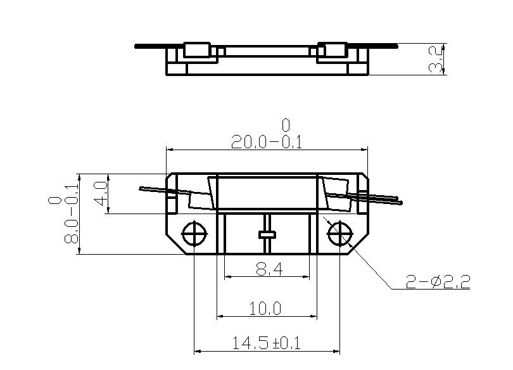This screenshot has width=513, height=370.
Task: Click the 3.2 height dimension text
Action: [x=436, y=59]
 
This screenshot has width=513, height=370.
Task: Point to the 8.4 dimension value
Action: [x=269, y=271]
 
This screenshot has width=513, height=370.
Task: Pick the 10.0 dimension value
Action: [x=265, y=309]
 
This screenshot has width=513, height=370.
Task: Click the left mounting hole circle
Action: [x=193, y=234]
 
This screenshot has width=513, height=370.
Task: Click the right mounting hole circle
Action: [x=340, y=234]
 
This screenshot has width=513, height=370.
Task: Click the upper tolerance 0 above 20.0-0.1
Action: [x=286, y=124]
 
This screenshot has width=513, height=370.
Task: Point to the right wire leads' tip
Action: [x=400, y=202]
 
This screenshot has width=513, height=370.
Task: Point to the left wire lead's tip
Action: [x=141, y=188]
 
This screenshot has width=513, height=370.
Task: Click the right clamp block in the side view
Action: [x=333, y=51]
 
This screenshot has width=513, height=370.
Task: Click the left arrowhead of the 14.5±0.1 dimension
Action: [x=196, y=350]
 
